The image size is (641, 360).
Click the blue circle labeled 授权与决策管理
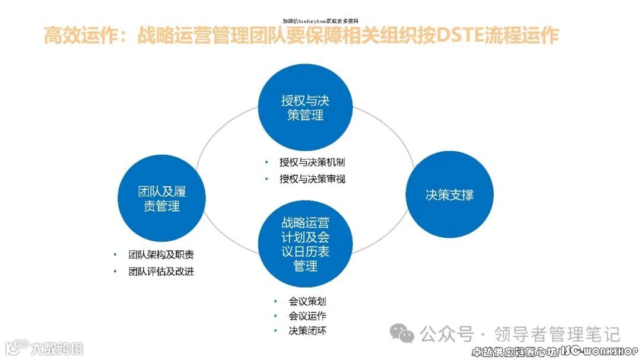click(x=304, y=108)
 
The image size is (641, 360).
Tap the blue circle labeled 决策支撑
click(x=449, y=195)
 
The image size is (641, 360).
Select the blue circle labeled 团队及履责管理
click(x=162, y=199)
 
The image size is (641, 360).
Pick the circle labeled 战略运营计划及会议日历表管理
click(x=304, y=244)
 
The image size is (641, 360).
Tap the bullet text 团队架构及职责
click(x=161, y=255)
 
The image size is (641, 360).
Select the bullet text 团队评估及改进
click(x=161, y=272)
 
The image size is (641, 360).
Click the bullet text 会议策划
click(x=307, y=301)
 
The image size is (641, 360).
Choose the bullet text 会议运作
click(x=307, y=316)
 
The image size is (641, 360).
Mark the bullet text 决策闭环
click(x=307, y=331)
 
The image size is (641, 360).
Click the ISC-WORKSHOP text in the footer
click(x=599, y=352)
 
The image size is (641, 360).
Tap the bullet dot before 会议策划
click(x=275, y=301)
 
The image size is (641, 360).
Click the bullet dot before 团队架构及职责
click(x=115, y=255)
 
